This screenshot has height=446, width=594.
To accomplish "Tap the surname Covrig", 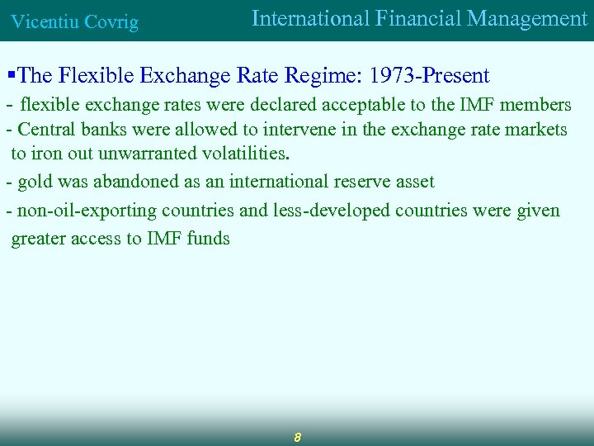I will [x=110, y=22].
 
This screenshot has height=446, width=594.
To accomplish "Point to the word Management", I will [x=535, y=19].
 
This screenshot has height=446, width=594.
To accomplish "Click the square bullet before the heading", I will [x=11, y=76].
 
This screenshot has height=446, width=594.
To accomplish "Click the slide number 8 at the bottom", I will [x=297, y=436].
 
